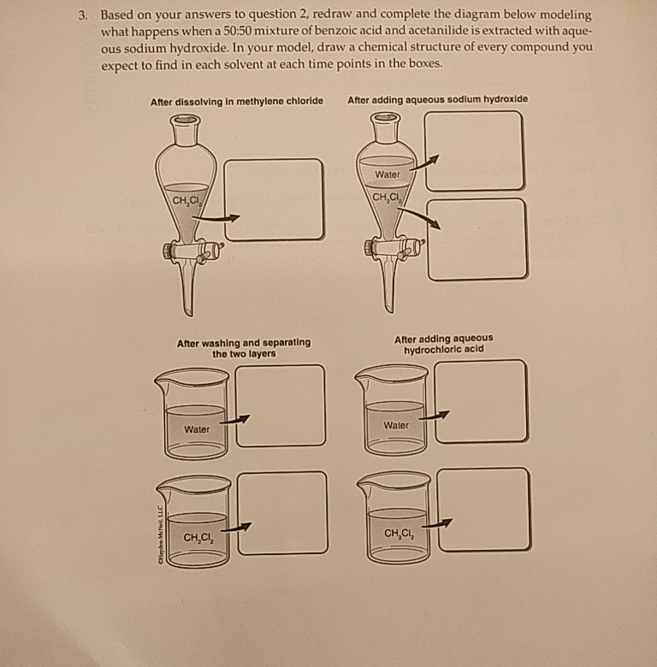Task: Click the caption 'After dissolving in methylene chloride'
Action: click(x=237, y=101)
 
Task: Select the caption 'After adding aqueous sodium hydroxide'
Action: click(x=438, y=99)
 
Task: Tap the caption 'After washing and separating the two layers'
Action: click(x=244, y=348)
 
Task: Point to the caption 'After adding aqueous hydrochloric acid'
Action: click(x=443, y=344)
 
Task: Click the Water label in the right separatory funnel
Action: click(x=387, y=175)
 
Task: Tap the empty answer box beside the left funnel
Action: click(x=274, y=200)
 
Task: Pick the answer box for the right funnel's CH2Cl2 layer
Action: click(x=477, y=239)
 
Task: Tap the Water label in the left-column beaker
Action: click(x=197, y=429)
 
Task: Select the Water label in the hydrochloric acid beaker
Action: click(x=396, y=425)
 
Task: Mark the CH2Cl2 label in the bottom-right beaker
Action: click(x=398, y=534)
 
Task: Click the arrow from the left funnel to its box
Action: click(x=214, y=219)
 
